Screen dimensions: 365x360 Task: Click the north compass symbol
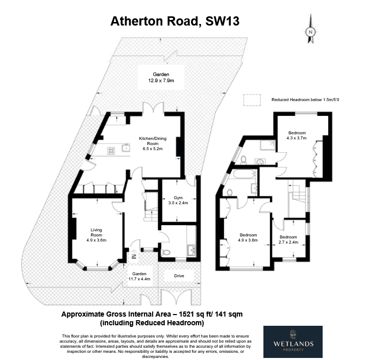pyautogui.click(x=310, y=29)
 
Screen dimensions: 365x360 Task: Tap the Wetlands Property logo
pyautogui.click(x=293, y=342)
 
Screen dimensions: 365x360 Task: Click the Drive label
pyautogui.click(x=179, y=276)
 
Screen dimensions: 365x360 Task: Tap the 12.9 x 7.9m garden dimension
pyautogui.click(x=161, y=81)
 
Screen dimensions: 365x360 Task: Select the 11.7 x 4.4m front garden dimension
pyautogui.click(x=139, y=279)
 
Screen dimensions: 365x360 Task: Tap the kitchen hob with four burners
pyautogui.click(x=111, y=151)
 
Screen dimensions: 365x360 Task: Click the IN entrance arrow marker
pyautogui.click(x=134, y=257)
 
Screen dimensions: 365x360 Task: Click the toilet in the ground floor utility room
pyautogui.click(x=165, y=252)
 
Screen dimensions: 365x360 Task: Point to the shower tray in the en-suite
pyautogui.click(x=267, y=145)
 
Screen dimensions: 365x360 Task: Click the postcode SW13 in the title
pyautogui.click(x=222, y=21)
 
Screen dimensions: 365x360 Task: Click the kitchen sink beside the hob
pyautogui.click(x=126, y=148)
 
